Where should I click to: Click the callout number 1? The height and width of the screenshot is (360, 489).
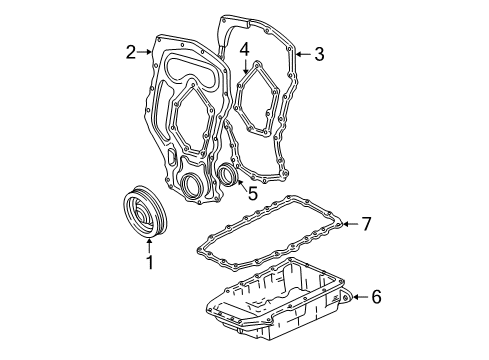150,264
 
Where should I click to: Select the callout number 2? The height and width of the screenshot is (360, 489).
130,52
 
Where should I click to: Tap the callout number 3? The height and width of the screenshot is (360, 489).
319,54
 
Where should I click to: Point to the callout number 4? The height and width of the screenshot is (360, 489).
244,45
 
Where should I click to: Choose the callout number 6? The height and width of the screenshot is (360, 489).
376,297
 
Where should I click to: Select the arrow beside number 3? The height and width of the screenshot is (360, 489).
301,54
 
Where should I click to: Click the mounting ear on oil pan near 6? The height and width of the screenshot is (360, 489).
342,297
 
